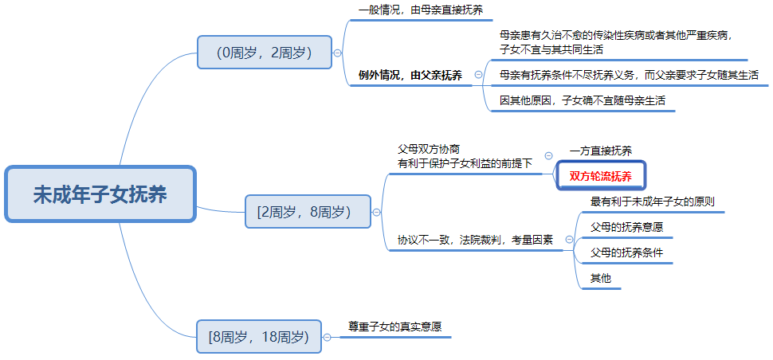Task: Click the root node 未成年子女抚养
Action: [100, 194]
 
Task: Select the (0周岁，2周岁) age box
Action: [265, 53]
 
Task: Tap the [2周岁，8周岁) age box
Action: [308, 211]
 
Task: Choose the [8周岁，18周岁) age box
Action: [259, 337]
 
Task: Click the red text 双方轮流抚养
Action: [600, 177]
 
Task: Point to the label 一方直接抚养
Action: [600, 151]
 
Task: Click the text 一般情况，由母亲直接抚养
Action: [421, 10]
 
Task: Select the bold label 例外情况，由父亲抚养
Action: [410, 76]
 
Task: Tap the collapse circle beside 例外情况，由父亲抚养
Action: [478, 74]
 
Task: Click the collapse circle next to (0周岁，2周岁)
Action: [338, 53]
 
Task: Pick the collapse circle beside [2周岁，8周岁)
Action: [377, 213]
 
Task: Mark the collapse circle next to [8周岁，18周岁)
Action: [328, 338]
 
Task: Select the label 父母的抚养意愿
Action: [626, 228]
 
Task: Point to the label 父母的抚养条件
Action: [626, 252]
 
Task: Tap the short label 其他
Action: [600, 278]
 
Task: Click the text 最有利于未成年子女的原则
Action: [653, 202]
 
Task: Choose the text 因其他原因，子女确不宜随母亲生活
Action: [583, 100]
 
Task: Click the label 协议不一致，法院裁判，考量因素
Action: [475, 240]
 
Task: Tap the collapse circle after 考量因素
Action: [570, 240]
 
